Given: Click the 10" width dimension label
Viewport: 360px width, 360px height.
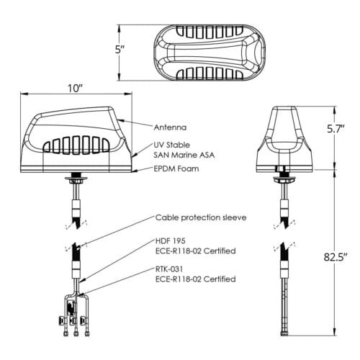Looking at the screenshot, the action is (x=75, y=89).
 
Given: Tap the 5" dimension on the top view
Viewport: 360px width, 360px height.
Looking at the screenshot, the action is (x=120, y=50).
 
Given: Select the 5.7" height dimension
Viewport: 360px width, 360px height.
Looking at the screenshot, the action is (x=336, y=129).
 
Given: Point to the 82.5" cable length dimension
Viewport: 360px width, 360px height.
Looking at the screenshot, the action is (x=336, y=257).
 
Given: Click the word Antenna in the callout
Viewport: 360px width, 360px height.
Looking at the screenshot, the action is (x=170, y=127).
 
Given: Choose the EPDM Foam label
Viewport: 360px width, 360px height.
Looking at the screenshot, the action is (x=176, y=168).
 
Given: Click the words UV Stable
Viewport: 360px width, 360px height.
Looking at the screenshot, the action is (x=171, y=145).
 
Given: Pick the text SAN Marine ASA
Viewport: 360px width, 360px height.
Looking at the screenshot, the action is (x=184, y=155).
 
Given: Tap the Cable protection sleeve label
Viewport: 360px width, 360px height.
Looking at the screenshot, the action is (x=201, y=217).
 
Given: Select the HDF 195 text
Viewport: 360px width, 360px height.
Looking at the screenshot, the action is (x=171, y=240).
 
